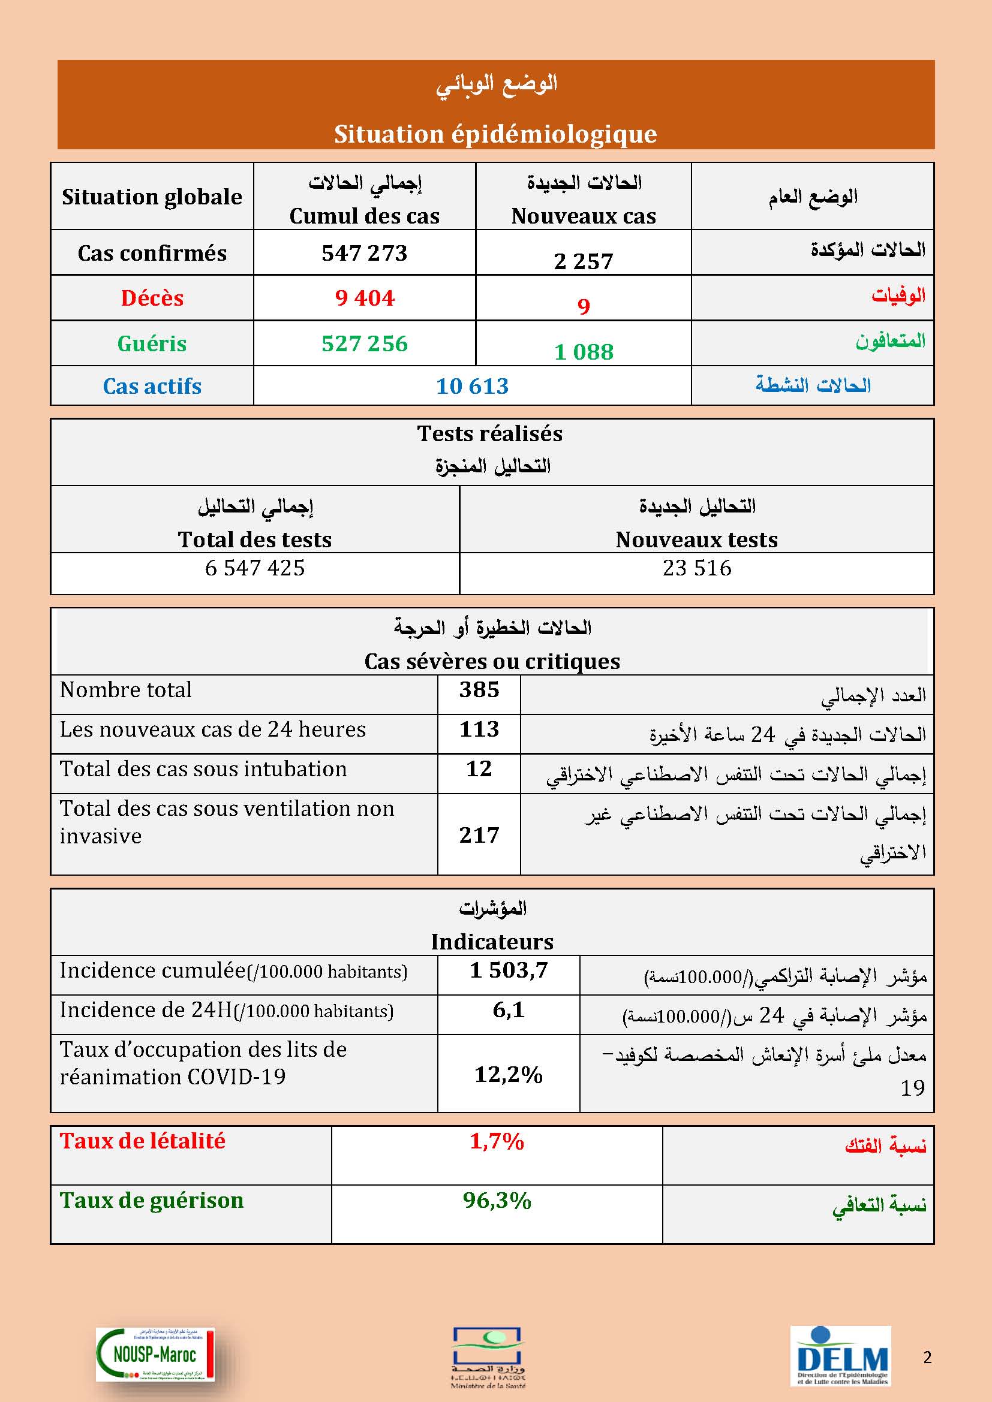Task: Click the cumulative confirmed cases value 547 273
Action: coord(364,253)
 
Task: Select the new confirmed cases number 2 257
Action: coord(583,261)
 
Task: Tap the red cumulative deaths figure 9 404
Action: coord(365,298)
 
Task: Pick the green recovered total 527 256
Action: coord(364,343)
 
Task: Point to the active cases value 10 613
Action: coord(471,386)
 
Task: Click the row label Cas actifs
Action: coord(152,386)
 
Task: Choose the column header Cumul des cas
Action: coord(364,216)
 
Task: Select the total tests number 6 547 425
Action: coord(255,568)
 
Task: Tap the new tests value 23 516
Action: coord(696,568)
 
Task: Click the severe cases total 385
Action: coord(479,690)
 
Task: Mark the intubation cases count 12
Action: coord(479,769)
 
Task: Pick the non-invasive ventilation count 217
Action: coord(479,835)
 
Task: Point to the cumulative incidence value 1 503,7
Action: coord(508,970)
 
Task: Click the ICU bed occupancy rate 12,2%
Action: coord(508,1074)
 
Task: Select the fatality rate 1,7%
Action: coord(497,1141)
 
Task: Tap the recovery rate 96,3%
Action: coord(497,1201)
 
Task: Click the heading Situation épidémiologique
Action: coord(495,134)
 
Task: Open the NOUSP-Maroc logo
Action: coord(155,1354)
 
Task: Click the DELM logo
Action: coord(841,1355)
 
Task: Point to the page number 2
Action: coord(927,1357)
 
